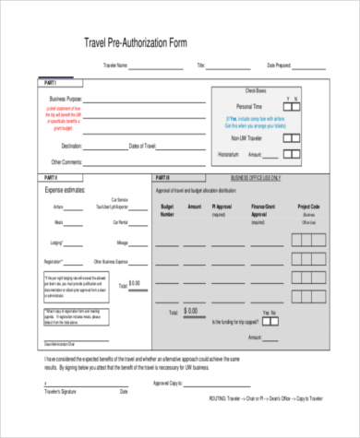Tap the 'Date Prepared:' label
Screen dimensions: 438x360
point(279,65)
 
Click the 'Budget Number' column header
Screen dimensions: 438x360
point(167,210)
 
